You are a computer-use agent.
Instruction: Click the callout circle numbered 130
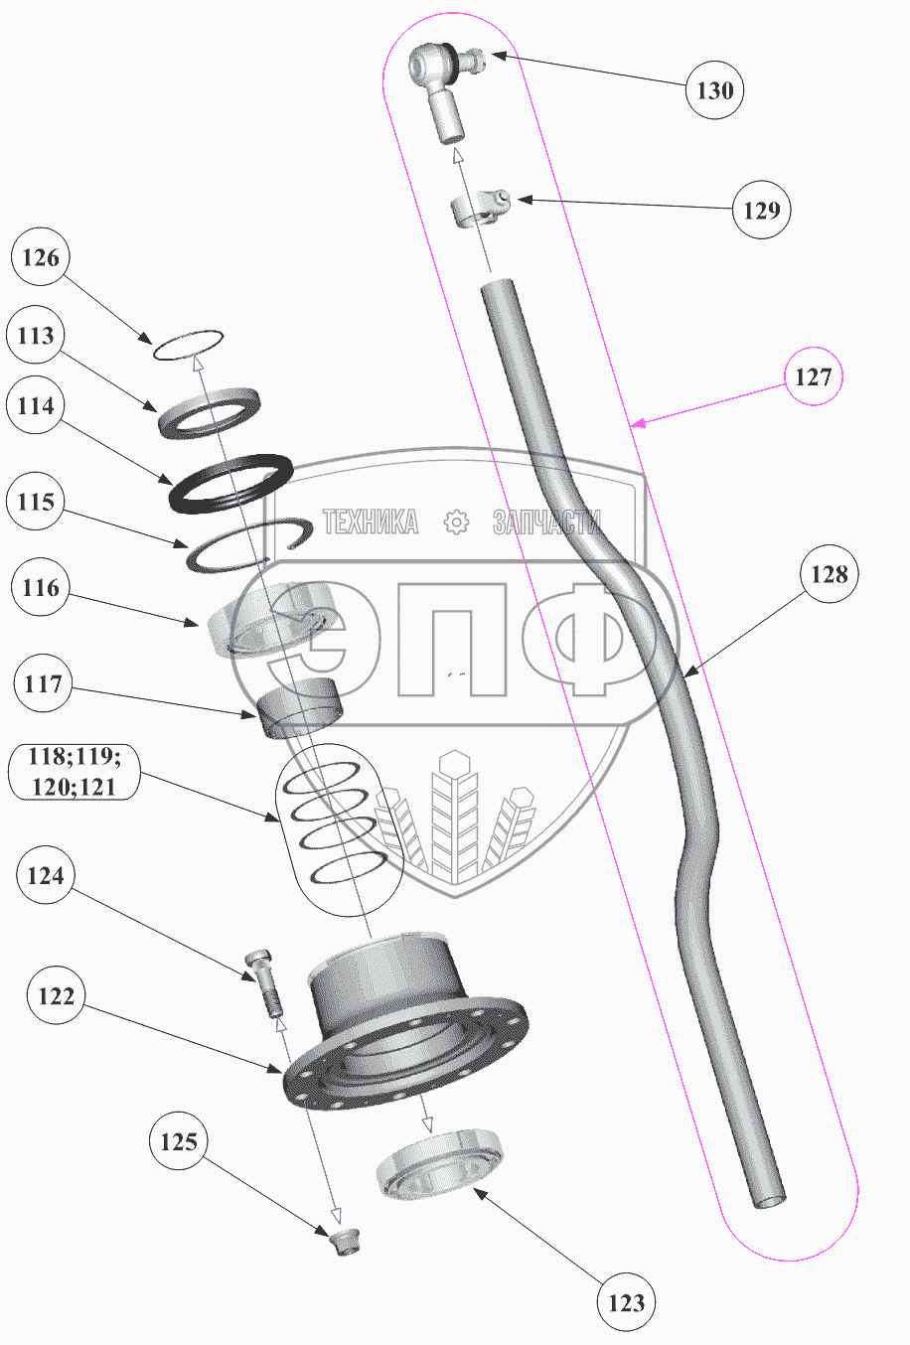(714, 90)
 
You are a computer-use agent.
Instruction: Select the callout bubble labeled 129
(762, 210)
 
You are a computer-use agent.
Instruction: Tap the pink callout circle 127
(813, 377)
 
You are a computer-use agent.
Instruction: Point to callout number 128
(830, 574)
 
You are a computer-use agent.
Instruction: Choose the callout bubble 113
(36, 336)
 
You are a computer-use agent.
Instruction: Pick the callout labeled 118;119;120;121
(74, 773)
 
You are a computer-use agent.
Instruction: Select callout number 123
(626, 1302)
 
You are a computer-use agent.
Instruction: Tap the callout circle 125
(179, 1142)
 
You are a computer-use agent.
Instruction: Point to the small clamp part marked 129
(477, 208)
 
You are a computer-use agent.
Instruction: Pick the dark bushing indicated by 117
(299, 710)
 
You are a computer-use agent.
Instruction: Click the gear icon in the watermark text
(456, 523)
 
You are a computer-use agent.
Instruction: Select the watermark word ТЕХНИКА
(371, 523)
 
